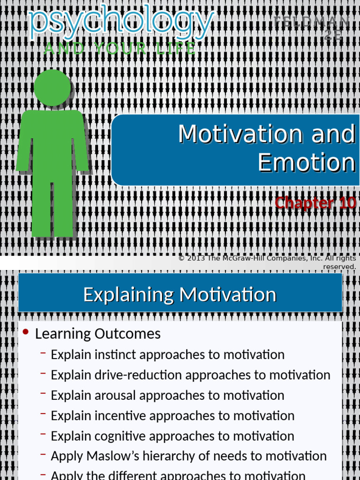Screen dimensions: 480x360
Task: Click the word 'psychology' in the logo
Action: [x=121, y=23]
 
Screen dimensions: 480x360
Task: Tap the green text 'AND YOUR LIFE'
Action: [x=120, y=48]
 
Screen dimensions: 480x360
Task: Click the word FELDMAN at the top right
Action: [x=311, y=22]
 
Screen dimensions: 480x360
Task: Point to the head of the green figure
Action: [x=52, y=88]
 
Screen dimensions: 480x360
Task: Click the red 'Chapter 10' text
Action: [x=315, y=203]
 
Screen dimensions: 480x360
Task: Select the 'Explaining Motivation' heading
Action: [x=180, y=295]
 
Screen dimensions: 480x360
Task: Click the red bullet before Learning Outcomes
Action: [x=26, y=332]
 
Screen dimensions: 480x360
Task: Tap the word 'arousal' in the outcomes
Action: [x=116, y=396]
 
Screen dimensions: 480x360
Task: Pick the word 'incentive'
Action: [x=120, y=416]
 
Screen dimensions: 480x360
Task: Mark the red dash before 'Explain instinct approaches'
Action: [x=43, y=353]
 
